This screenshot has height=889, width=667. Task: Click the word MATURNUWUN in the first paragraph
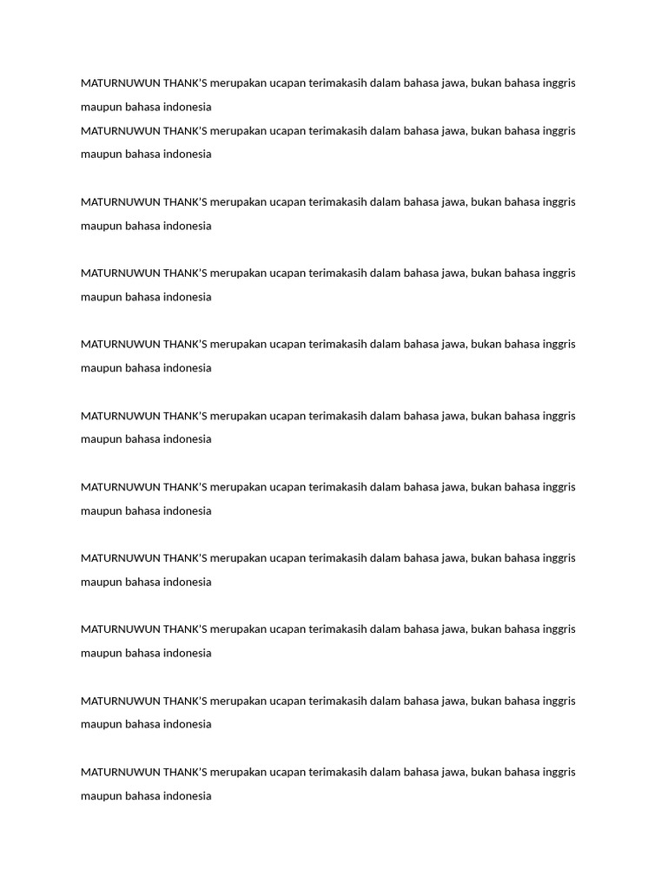(x=120, y=83)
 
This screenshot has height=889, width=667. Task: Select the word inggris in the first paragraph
(x=558, y=83)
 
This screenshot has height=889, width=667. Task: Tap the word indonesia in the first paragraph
(x=187, y=108)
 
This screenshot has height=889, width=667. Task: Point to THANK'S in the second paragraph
(x=185, y=131)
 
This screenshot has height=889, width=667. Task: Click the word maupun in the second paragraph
(x=101, y=155)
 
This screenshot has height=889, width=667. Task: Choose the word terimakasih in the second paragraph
(x=338, y=131)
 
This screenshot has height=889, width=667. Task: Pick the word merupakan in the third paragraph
(x=238, y=202)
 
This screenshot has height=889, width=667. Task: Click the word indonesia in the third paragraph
(x=187, y=226)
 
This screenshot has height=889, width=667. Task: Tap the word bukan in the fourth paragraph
(x=485, y=273)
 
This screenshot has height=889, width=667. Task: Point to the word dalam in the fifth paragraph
(x=386, y=345)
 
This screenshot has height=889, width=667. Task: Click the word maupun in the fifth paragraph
(x=101, y=368)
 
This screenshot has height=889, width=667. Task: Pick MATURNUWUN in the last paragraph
(x=120, y=773)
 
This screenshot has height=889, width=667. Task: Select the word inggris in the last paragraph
(x=558, y=773)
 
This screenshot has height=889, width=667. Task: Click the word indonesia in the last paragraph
(x=187, y=796)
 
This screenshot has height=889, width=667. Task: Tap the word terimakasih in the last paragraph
(x=338, y=773)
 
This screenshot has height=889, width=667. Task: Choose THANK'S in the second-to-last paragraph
(x=185, y=701)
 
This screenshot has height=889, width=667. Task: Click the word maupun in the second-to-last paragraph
(x=101, y=725)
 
